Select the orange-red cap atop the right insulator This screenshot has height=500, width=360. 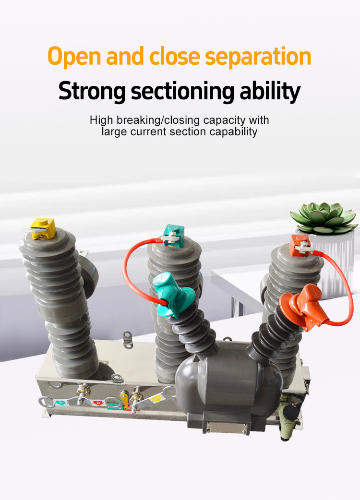coord(300,245)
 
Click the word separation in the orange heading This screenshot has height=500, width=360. coord(258,57)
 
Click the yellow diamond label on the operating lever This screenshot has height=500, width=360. coord(156,398)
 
